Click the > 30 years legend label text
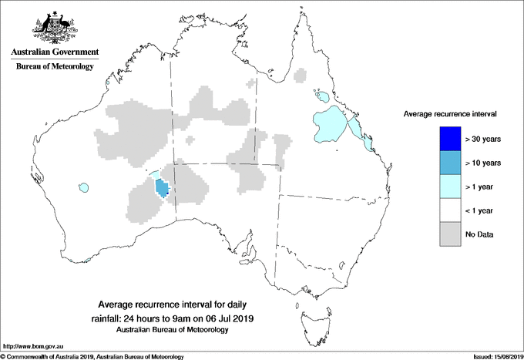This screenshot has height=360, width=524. click(483, 140)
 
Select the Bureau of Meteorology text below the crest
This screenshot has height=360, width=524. click(54, 67)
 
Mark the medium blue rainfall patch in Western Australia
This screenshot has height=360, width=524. click(162, 188)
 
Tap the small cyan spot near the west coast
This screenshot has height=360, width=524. click(83, 187)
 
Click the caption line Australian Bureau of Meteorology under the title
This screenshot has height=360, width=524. click(173, 330)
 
